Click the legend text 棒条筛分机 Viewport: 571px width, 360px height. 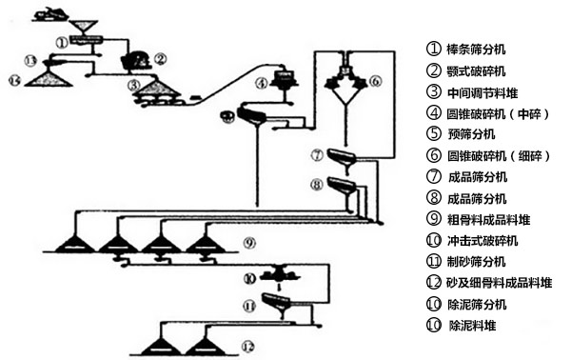tap(476, 49)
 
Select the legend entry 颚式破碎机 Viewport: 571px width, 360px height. tap(476, 70)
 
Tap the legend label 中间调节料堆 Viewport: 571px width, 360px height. tap(482, 92)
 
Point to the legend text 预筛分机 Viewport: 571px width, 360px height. tap(471, 133)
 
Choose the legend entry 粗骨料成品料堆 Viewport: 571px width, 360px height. tap(489, 220)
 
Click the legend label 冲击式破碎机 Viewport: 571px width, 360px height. tap(482, 241)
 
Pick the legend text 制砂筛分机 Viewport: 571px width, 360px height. tap(477, 261)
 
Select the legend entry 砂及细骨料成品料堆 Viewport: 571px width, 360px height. tap(500, 283)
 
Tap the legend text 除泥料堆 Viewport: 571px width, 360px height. tap(472, 325)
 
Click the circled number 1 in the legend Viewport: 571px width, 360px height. tap(433, 49)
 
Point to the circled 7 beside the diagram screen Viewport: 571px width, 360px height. tap(317, 155)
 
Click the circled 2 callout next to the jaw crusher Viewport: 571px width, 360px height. tap(161, 58)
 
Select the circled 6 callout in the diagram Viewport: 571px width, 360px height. tap(375, 81)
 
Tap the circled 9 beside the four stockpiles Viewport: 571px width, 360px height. tap(249, 242)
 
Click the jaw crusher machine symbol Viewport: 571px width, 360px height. tap(135, 61)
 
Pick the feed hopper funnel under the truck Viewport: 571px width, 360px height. tap(84, 28)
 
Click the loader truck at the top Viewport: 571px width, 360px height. tap(50, 14)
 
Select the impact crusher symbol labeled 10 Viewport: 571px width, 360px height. tap(280, 274)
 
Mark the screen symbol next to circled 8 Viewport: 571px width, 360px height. tap(342, 185)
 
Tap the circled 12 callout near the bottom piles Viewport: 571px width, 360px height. tap(247, 347)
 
